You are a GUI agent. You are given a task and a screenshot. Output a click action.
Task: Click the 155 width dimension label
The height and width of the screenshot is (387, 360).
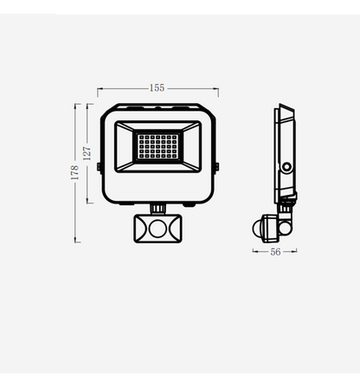(157, 88)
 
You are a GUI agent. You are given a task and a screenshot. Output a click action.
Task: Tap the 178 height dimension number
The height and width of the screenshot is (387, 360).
(75, 172)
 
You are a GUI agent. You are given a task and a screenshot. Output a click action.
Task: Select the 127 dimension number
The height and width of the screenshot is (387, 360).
(87, 154)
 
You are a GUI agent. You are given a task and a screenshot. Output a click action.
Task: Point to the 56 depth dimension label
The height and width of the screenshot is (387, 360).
(275, 252)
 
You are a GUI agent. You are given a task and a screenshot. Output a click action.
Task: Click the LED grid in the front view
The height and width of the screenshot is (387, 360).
(157, 149)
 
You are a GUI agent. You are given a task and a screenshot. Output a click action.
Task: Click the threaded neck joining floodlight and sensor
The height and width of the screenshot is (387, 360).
(157, 209)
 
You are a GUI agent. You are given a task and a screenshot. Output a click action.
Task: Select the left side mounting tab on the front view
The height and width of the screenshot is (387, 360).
(99, 164)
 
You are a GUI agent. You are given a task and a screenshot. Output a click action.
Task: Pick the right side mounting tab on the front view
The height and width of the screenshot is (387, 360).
(215, 164)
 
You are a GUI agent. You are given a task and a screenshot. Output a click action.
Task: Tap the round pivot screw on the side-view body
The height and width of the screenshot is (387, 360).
(286, 164)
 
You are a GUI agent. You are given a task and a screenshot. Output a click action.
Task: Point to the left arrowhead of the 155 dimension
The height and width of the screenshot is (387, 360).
(100, 88)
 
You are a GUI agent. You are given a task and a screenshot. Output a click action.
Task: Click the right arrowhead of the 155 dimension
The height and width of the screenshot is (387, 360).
(216, 88)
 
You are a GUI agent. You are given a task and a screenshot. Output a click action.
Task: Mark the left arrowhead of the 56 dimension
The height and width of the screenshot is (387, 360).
(255, 252)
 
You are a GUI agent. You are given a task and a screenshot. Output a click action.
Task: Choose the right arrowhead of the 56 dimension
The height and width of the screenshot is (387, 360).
(295, 252)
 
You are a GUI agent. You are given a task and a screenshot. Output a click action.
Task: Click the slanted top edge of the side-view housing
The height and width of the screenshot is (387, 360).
(287, 110)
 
